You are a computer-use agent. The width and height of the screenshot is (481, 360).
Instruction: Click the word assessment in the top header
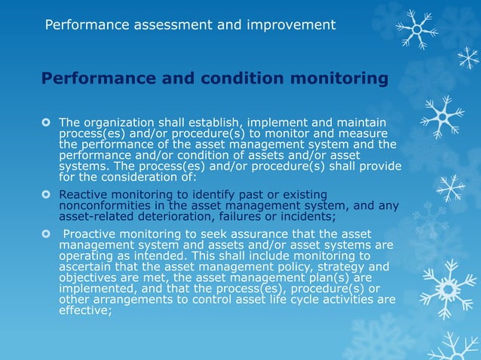pos(168,25)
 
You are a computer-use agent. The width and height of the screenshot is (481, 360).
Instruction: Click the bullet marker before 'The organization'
pos(47,122)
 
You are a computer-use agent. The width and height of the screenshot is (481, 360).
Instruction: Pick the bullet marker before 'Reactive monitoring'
pos(47,194)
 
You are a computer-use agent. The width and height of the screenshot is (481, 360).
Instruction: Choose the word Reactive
pos(84,194)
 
